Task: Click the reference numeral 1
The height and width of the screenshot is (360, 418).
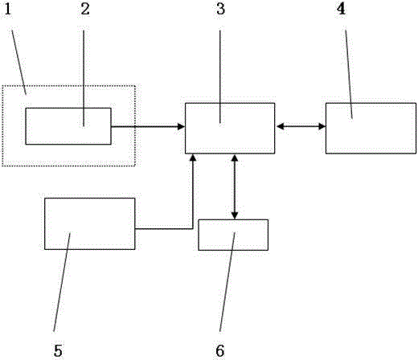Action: (x=8, y=9)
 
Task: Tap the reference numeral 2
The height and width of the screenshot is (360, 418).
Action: (x=85, y=9)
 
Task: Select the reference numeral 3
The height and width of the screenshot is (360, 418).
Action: (x=221, y=9)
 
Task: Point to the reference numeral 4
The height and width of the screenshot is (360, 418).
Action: (x=341, y=9)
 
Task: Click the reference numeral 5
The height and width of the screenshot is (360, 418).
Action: (x=58, y=350)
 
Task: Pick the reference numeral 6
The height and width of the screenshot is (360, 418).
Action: (x=220, y=350)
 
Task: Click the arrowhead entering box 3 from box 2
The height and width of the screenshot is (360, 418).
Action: (x=182, y=126)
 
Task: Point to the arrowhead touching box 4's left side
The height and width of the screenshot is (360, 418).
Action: (x=322, y=126)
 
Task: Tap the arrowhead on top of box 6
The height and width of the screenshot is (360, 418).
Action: (x=235, y=216)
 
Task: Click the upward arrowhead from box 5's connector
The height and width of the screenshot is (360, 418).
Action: (x=193, y=157)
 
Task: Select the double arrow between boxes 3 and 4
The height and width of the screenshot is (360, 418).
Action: (x=301, y=126)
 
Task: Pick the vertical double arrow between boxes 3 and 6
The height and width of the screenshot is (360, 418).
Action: (x=235, y=186)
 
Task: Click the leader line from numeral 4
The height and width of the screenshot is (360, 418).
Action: (x=349, y=74)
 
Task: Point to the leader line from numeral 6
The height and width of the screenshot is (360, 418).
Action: (x=227, y=282)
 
